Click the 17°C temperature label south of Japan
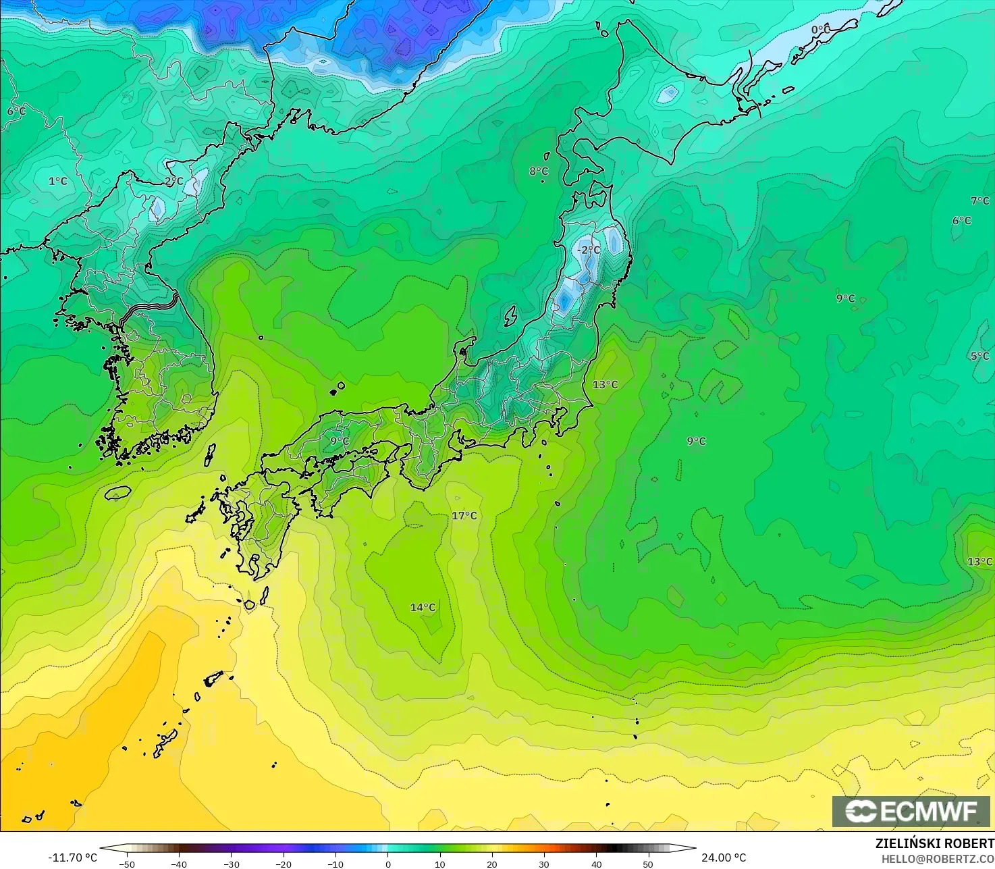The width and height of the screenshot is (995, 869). point(464,516)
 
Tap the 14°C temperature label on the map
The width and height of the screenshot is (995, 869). point(423,608)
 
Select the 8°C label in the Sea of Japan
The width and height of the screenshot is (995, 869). point(539,172)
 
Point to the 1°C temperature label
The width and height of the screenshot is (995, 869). point(58,181)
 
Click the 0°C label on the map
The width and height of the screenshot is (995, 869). point(820,30)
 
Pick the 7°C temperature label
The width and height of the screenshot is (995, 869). point(979,201)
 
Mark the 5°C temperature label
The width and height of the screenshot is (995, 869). point(979,356)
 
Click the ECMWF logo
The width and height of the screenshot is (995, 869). point(911,811)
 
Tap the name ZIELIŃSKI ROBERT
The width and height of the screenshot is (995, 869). point(935,843)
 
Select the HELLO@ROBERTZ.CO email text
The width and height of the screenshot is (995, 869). point(938,858)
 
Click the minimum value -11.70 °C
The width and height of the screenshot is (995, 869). point(73,858)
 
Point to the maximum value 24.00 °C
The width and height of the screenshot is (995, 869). point(724,858)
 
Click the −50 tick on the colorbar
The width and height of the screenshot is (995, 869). point(126,864)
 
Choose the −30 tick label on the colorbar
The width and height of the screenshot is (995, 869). point(231,864)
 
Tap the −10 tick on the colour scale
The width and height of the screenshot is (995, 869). point(335,864)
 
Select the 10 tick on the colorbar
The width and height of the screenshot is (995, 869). point(439,864)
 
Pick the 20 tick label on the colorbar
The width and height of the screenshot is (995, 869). point(492,864)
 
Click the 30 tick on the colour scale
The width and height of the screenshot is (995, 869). point(544,864)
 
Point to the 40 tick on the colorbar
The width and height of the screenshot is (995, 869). point(596,864)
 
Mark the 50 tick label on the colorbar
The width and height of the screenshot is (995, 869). point(648,864)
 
